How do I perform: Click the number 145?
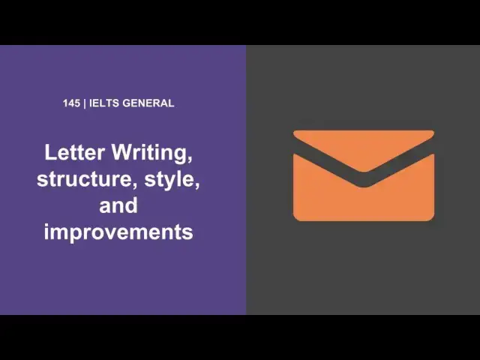[73, 103]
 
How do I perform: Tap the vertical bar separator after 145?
[85, 103]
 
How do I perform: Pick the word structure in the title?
[80, 179]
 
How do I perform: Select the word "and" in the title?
[118, 205]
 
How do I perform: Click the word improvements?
[118, 232]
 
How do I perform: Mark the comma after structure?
[127, 187]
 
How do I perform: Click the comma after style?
[197, 187]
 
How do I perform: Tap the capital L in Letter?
[50, 153]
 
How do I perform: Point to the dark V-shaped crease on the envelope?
[363, 181]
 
